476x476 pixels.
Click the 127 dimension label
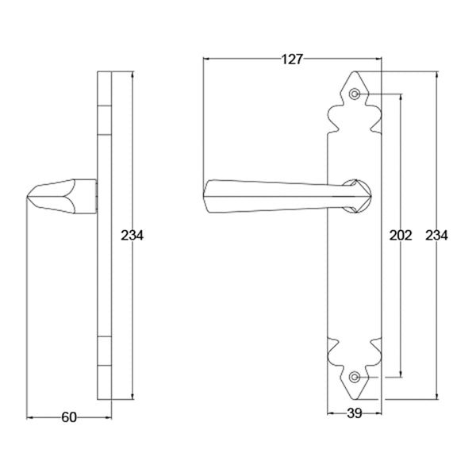pyautogui.click(x=292, y=59)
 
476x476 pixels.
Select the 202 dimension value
pyautogui.click(x=401, y=236)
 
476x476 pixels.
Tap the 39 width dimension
pyautogui.click(x=355, y=413)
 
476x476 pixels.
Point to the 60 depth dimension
pyautogui.click(x=69, y=417)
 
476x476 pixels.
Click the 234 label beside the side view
pyautogui.click(x=132, y=236)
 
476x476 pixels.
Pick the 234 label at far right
pyautogui.click(x=436, y=236)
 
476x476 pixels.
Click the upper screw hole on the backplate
pyautogui.click(x=355, y=94)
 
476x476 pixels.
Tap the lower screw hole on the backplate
pyautogui.click(x=355, y=377)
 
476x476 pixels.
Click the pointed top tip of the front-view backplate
pyautogui.click(x=355, y=71)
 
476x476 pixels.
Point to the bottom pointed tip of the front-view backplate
pyautogui.click(x=355, y=399)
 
